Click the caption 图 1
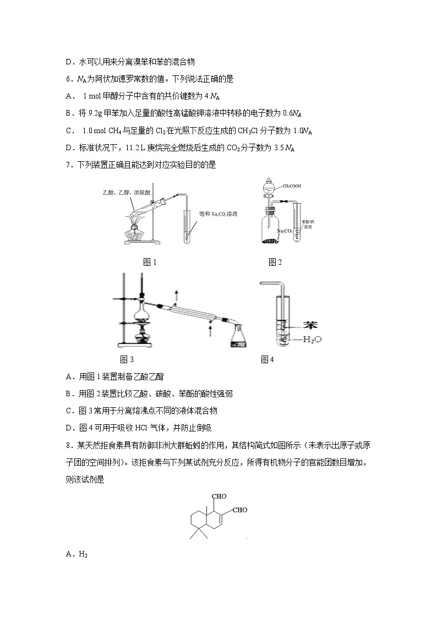tap(150, 262)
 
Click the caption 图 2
tap(275, 262)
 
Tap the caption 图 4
tap(267, 359)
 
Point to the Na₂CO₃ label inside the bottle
tap(285, 231)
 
